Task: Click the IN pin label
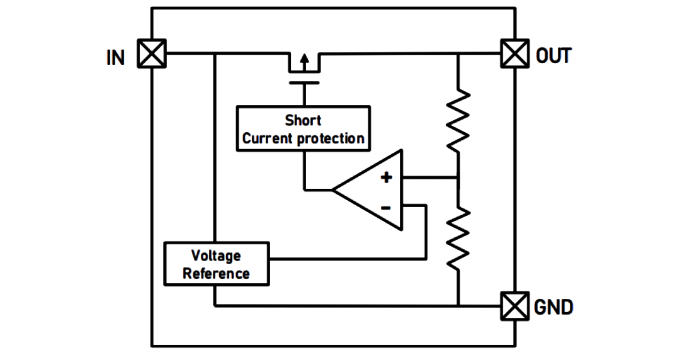click(x=115, y=58)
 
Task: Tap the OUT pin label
click(x=553, y=56)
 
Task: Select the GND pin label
click(x=554, y=307)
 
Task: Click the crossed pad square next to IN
click(x=152, y=53)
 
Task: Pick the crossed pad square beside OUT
click(x=515, y=53)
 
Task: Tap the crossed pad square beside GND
click(x=515, y=306)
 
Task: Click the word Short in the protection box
click(x=303, y=120)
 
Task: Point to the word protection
click(x=331, y=139)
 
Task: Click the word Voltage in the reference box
click(x=216, y=256)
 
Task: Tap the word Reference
click(x=216, y=274)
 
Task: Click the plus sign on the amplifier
click(x=386, y=177)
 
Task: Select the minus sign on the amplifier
click(x=385, y=208)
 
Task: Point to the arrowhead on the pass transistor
click(x=305, y=59)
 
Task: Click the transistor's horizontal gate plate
click(x=304, y=82)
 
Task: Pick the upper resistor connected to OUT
click(x=458, y=121)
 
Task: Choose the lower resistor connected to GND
click(x=458, y=238)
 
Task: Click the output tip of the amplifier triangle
click(x=332, y=189)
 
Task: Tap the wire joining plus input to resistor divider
click(x=430, y=177)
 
